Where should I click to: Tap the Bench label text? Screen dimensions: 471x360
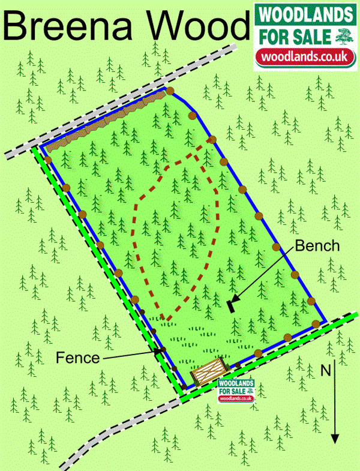coord(317,246)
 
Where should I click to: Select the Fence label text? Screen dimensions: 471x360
coord(77,358)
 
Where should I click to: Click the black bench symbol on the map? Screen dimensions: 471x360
coord(231,305)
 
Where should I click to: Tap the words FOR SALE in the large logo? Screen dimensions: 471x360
coord(292,37)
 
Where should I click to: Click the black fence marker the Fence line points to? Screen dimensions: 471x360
coord(158,352)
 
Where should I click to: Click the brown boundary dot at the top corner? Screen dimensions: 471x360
coord(170,92)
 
